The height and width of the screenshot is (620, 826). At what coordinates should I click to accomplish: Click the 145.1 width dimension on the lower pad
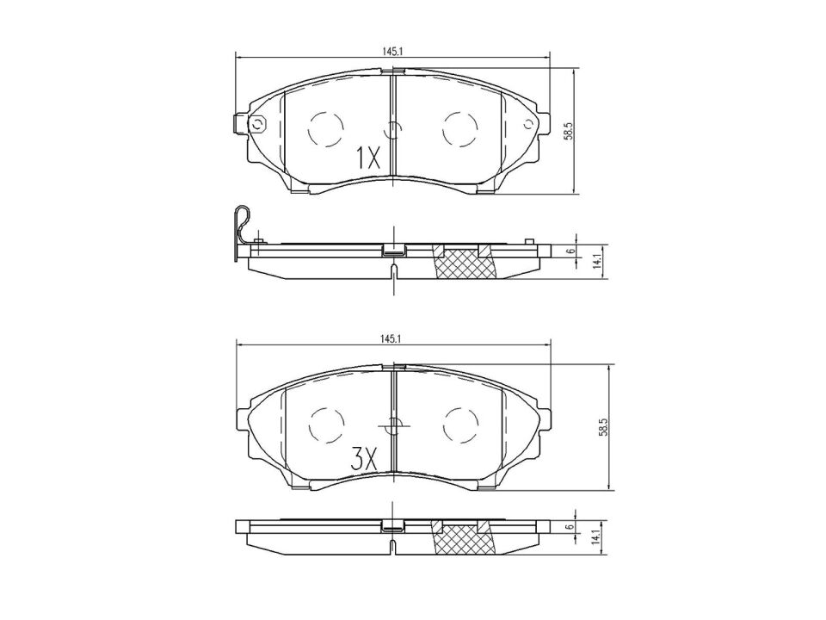coord(392,339)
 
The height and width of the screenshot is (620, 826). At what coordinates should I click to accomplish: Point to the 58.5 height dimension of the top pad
coord(568,130)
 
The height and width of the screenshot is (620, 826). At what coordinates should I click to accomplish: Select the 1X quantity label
coord(367,158)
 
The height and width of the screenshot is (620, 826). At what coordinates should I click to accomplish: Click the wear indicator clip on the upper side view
coord(243,228)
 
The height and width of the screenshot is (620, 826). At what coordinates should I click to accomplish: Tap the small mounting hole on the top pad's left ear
coord(256,126)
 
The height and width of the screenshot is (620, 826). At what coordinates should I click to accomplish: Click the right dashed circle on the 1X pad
coord(459,129)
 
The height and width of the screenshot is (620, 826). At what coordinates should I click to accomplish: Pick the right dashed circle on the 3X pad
coord(459,424)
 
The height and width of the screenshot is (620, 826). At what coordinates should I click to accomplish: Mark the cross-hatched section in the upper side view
coord(465,263)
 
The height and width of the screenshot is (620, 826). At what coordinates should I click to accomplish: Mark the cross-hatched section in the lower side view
coord(465,541)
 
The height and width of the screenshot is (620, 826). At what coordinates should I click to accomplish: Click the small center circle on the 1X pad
coord(393,130)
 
